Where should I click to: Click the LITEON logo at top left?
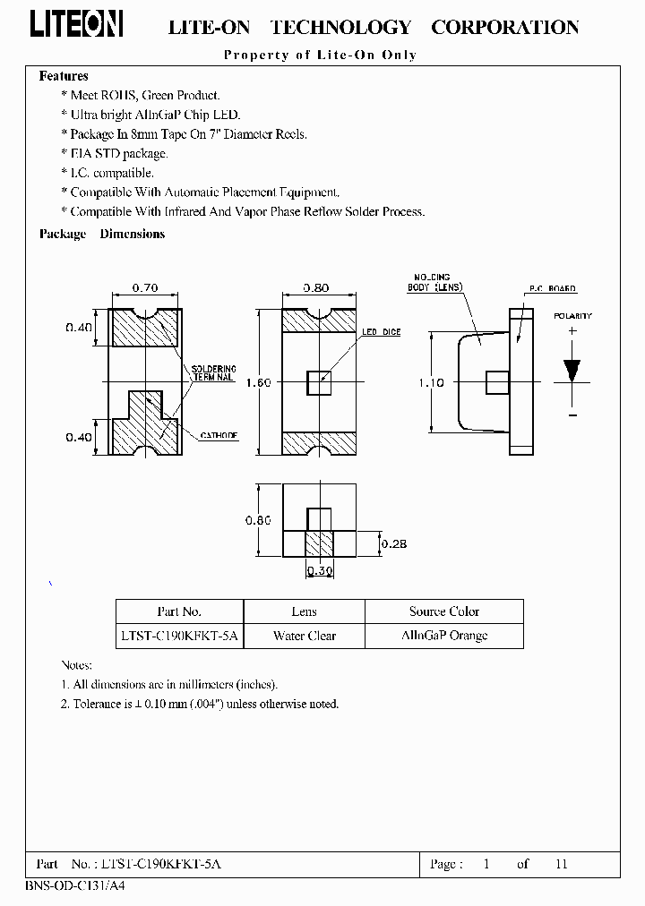point(77,26)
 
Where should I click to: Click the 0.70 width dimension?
point(144,288)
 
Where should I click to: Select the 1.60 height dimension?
point(258,382)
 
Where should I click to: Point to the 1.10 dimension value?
point(432,382)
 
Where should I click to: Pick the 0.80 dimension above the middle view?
point(316,288)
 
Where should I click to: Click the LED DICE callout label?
point(381,332)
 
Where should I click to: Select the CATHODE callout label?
point(219,435)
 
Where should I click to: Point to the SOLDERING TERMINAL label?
point(212,373)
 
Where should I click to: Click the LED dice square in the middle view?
point(318,383)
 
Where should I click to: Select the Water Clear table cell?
point(304,636)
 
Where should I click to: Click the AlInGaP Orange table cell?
point(444,636)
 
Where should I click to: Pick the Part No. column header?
point(179,611)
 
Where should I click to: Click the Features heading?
point(64,77)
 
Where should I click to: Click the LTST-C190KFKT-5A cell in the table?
point(179,636)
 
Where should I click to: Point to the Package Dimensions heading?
point(102,234)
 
